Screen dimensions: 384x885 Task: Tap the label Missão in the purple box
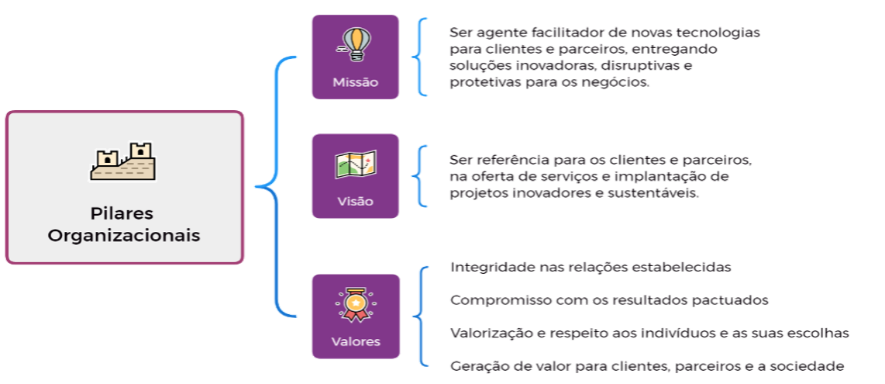pyautogui.click(x=355, y=81)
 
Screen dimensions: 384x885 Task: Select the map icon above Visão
pyautogui.click(x=355, y=164)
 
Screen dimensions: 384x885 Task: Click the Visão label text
pyautogui.click(x=355, y=201)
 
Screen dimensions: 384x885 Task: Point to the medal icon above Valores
pyautogui.click(x=355, y=305)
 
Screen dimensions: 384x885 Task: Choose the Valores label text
pyautogui.click(x=355, y=341)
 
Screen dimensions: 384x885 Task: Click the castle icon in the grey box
pyautogui.click(x=123, y=161)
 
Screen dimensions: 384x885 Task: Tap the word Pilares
pyautogui.click(x=123, y=213)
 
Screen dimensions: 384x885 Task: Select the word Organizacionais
pyautogui.click(x=123, y=235)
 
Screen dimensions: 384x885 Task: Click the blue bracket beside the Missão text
pyautogui.click(x=419, y=56)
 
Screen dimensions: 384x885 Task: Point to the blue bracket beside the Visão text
pyautogui.click(x=419, y=175)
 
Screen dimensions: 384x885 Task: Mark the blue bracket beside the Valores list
pyautogui.click(x=419, y=316)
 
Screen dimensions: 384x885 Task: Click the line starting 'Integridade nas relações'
pyautogui.click(x=591, y=267)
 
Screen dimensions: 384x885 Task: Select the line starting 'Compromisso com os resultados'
pyautogui.click(x=609, y=299)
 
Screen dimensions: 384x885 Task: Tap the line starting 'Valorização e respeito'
pyautogui.click(x=649, y=333)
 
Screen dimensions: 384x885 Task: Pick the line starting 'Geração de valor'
pyautogui.click(x=646, y=365)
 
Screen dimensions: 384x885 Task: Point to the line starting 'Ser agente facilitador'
pyautogui.click(x=604, y=33)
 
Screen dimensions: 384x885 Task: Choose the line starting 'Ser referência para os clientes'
pyautogui.click(x=601, y=160)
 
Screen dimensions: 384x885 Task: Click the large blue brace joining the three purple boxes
pyautogui.click(x=271, y=186)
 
